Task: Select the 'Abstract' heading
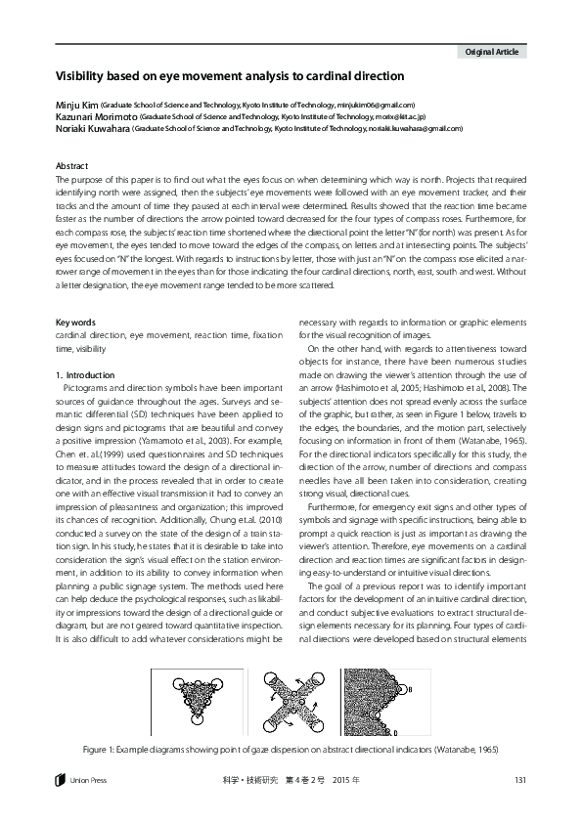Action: coord(72,166)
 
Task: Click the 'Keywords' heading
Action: coord(75,322)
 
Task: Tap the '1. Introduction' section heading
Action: coord(86,375)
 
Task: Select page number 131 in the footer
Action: coord(520,778)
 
